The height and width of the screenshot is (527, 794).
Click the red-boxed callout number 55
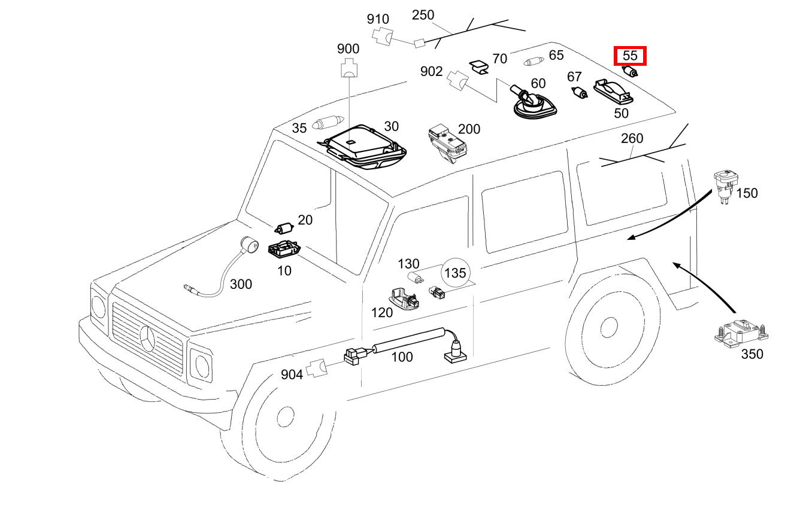tap(630, 56)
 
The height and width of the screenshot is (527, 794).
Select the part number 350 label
tap(752, 354)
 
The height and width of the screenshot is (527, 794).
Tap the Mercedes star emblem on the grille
tap(147, 340)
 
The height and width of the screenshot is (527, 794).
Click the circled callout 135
tap(455, 273)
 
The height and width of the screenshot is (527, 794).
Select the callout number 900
tap(348, 49)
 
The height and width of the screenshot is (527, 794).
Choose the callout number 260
tap(632, 139)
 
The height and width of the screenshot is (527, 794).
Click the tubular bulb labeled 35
tap(327, 124)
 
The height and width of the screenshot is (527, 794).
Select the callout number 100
tap(402, 357)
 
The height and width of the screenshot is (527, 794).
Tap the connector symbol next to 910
tap(381, 36)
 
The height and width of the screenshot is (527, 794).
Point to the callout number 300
tap(241, 284)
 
